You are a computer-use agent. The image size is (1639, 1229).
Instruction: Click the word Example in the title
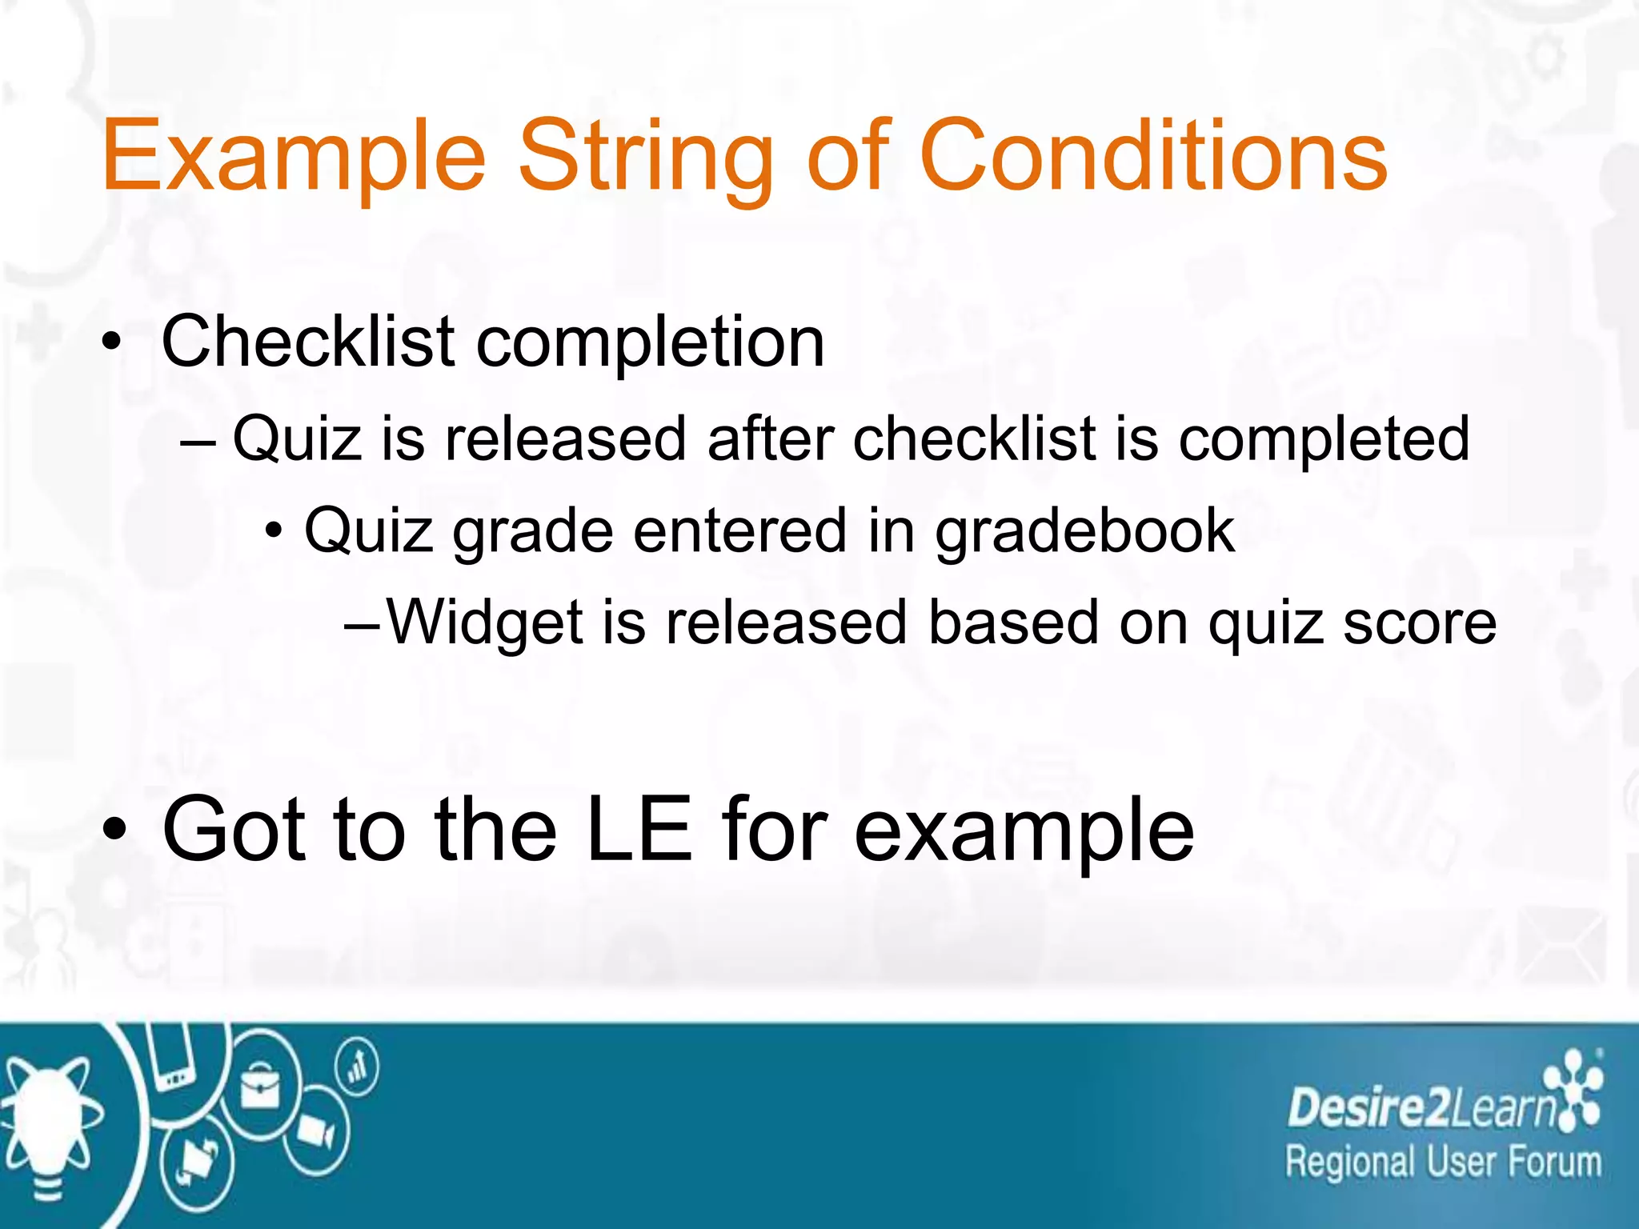(294, 158)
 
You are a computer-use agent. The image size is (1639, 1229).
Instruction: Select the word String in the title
(646, 158)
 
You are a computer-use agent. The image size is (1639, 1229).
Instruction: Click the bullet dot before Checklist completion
(112, 342)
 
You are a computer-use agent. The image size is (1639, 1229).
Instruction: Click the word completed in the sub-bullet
(1324, 440)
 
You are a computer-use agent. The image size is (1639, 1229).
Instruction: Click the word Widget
(485, 623)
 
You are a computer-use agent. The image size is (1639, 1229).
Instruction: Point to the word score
(1419, 623)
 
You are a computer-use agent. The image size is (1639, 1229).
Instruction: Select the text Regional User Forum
(1443, 1162)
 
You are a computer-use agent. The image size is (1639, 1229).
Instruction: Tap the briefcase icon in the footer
(260, 1086)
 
